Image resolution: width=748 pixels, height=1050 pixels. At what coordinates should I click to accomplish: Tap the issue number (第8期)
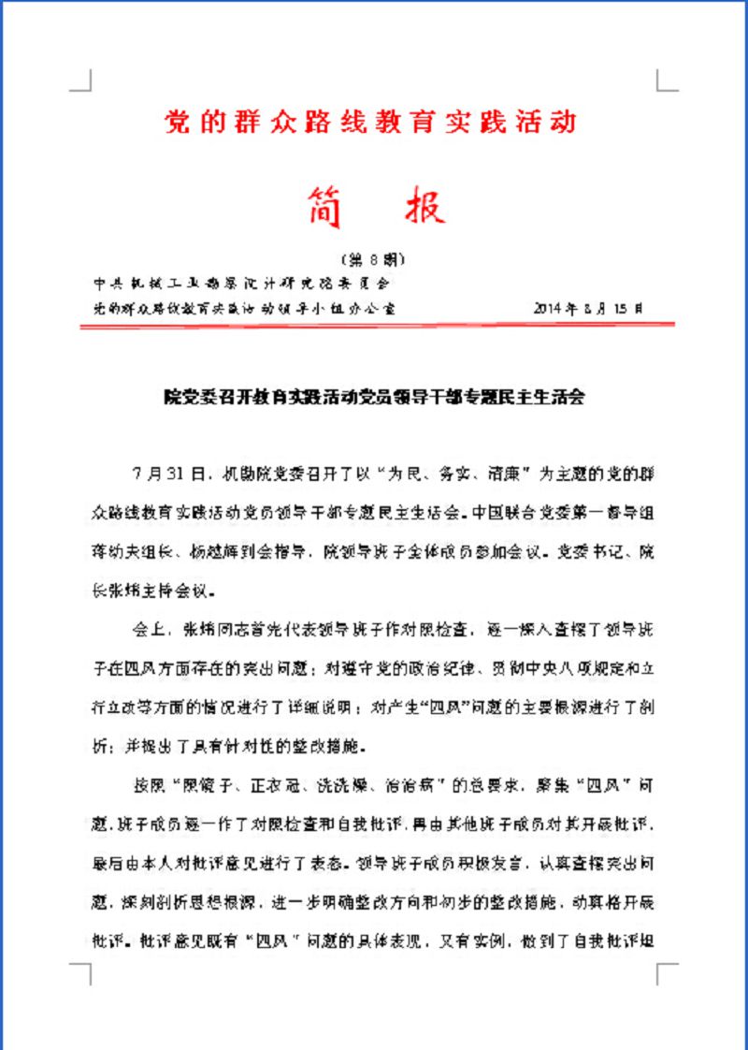(373, 257)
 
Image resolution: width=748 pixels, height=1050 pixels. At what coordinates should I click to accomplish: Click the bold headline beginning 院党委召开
(373, 397)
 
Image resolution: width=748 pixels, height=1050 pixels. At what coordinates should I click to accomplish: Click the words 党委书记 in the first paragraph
(590, 552)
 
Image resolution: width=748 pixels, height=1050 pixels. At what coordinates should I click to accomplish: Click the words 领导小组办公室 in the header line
(345, 306)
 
